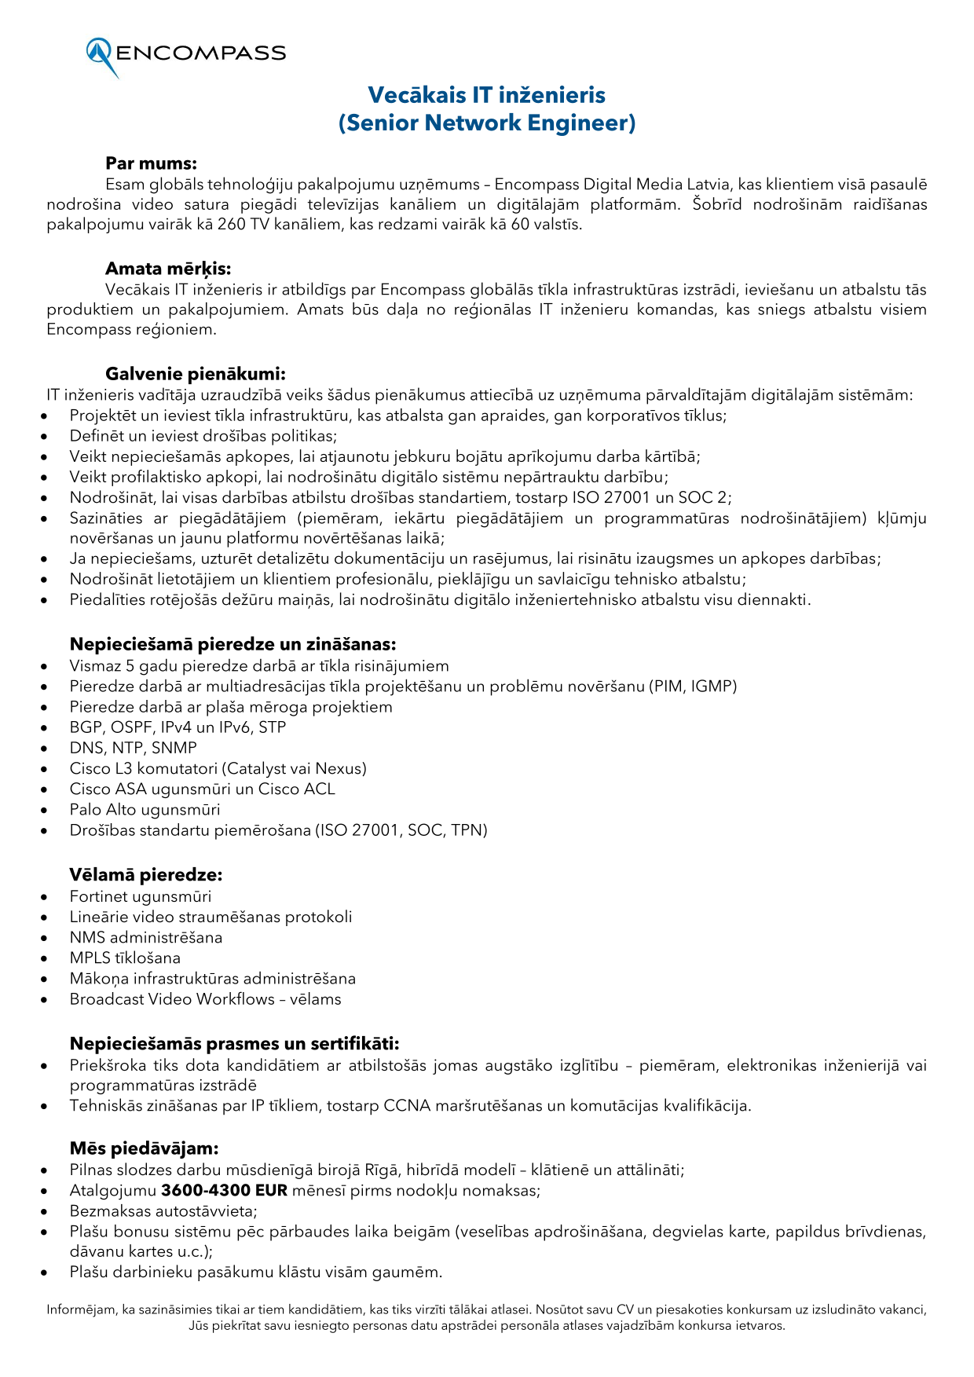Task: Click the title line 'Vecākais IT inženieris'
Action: [x=486, y=95]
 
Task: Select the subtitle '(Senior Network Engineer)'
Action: [x=486, y=123]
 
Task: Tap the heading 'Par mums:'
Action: [x=151, y=163]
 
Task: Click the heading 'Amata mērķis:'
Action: [x=168, y=269]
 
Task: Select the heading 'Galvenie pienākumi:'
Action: [x=196, y=374]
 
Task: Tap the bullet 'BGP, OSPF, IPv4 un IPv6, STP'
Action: [x=178, y=727]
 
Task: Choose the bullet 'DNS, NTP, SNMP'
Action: [x=133, y=748]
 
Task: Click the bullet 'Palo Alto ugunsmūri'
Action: [x=145, y=809]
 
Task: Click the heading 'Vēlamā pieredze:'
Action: [x=146, y=875]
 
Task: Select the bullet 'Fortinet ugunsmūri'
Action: [x=140, y=896]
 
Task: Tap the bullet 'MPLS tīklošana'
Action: [x=125, y=958]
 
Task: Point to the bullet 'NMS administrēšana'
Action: [x=146, y=937]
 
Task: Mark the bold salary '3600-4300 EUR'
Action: [x=224, y=1190]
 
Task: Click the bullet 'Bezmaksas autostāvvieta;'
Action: [x=163, y=1210]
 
